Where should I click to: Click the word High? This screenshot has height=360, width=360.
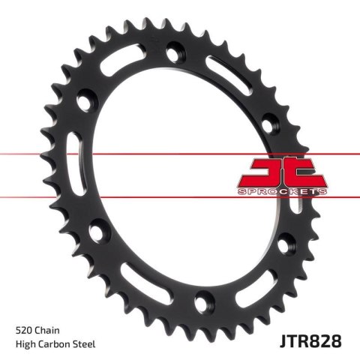click(26, 344)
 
